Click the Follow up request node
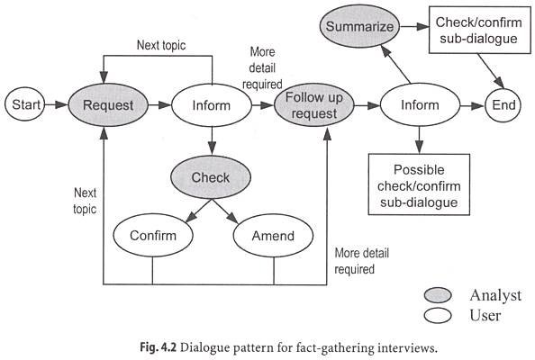[x=311, y=105]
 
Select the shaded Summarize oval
[x=360, y=27]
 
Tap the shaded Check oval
[x=210, y=177]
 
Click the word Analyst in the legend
[x=494, y=295]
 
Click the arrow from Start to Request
[x=59, y=105]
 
